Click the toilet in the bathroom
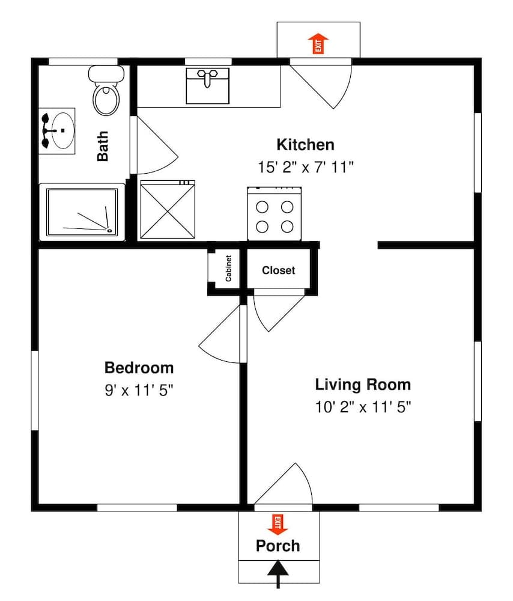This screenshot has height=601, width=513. [106, 91]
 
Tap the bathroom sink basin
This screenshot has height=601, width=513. [62, 130]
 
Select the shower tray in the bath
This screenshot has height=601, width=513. [82, 212]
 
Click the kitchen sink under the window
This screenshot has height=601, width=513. [208, 86]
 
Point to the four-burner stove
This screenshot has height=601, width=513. [275, 213]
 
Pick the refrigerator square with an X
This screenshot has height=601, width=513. [168, 210]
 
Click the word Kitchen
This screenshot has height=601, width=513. [305, 145]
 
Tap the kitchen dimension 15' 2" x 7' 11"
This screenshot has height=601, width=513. [305, 167]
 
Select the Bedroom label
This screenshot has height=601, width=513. [139, 368]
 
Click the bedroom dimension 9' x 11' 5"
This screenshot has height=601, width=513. [139, 391]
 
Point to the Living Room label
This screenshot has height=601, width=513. [363, 385]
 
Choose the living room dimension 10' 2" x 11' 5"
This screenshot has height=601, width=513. [363, 407]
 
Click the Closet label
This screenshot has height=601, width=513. [279, 270]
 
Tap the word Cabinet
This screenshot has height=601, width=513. [228, 268]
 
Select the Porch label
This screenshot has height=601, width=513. [278, 546]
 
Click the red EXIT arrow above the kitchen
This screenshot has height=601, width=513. [318, 43]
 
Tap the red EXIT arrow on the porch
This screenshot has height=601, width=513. [278, 524]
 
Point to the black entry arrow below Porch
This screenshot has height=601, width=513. [278, 574]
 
